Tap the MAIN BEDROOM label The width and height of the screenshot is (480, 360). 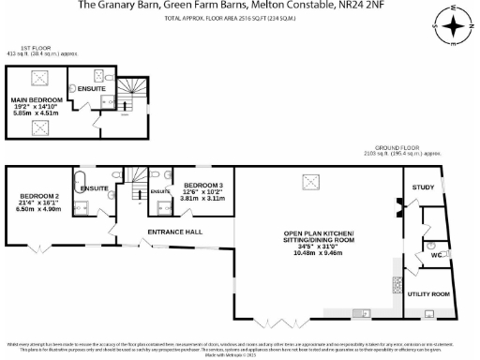pyautogui.click(x=36, y=99)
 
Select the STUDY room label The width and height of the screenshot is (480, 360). pyautogui.click(x=423, y=187)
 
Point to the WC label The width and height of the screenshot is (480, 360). pyautogui.click(x=436, y=254)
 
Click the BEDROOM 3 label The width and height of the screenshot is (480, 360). pyautogui.click(x=202, y=186)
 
